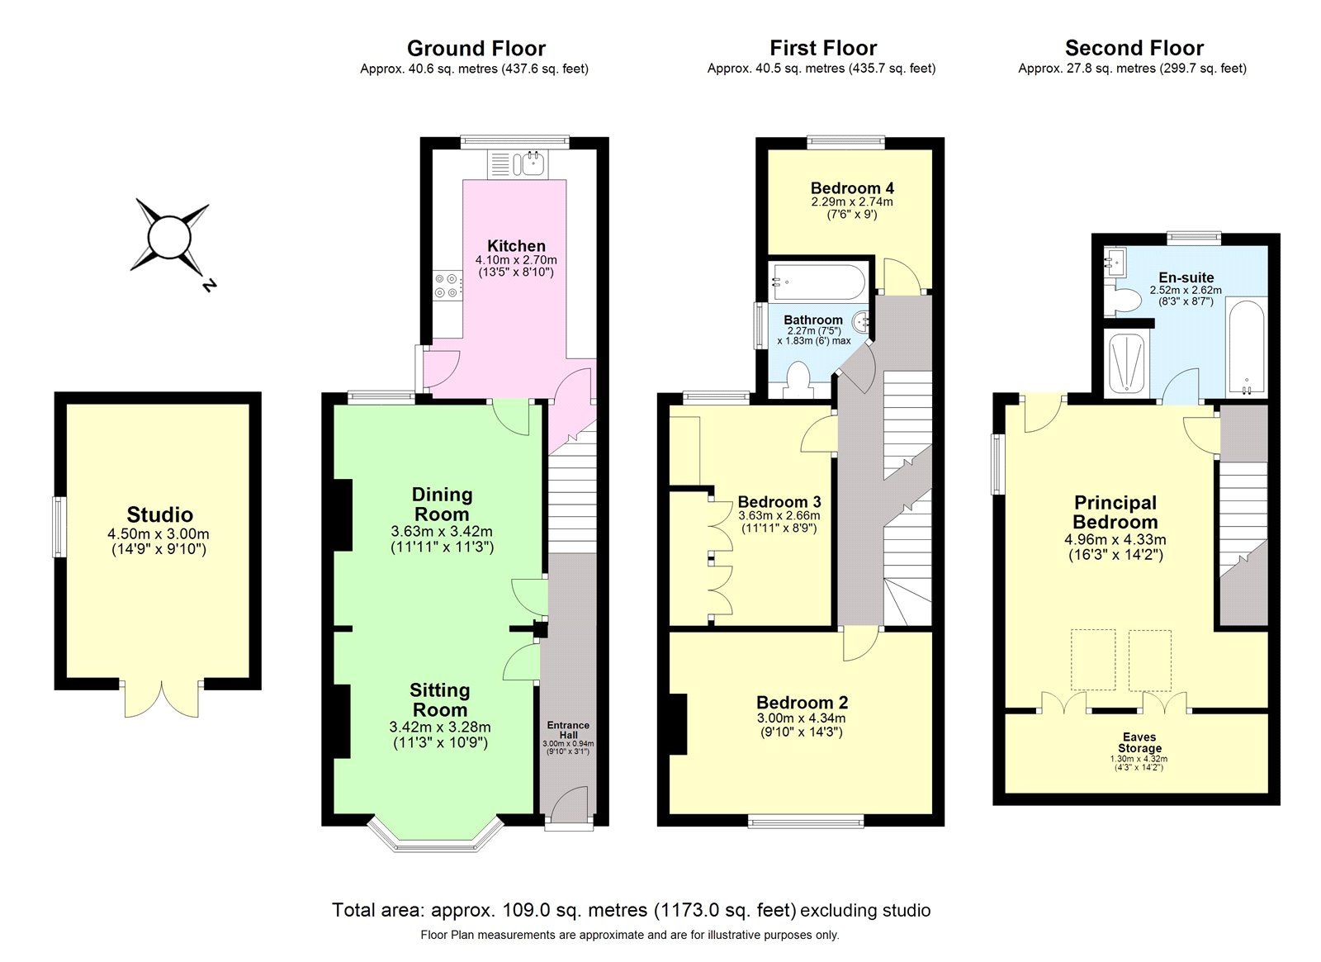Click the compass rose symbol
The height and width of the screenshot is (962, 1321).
click(x=171, y=237)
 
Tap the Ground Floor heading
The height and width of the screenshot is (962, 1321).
click(x=476, y=48)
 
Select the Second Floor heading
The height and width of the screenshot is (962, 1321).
click(x=1134, y=48)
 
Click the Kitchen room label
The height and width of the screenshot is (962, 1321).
click(x=516, y=246)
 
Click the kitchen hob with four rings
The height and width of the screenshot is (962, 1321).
click(x=447, y=286)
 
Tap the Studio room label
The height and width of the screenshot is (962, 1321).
click(x=159, y=515)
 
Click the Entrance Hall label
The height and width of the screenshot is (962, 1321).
click(x=568, y=730)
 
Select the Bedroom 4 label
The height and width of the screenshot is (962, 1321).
click(x=852, y=188)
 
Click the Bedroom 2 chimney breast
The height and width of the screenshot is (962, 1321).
click(x=677, y=724)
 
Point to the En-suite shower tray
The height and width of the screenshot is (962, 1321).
click(x=1126, y=363)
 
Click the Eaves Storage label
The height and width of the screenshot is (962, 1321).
click(x=1139, y=742)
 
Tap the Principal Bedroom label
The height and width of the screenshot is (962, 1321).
click(x=1115, y=512)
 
